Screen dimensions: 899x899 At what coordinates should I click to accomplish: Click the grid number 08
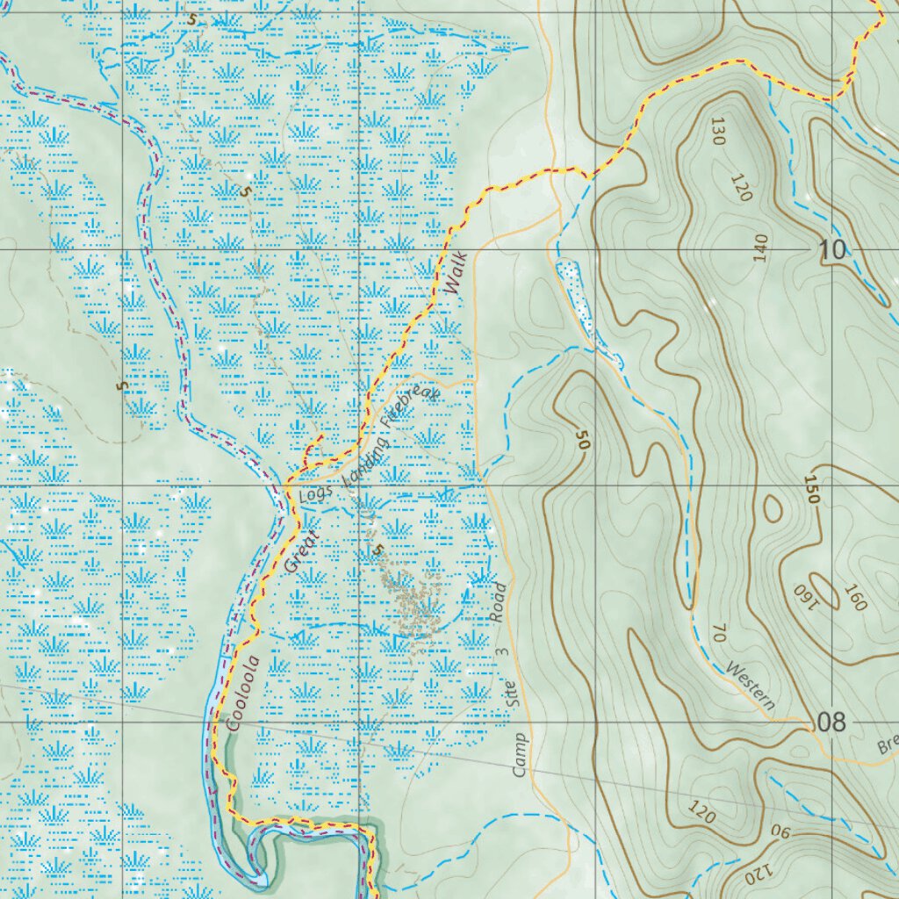tap(831, 723)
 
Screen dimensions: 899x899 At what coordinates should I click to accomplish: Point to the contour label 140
tap(760, 248)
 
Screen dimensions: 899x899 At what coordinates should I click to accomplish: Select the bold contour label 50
tap(581, 439)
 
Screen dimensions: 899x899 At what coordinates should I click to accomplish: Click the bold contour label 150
tap(810, 489)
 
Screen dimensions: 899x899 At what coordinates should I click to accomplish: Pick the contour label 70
tap(719, 633)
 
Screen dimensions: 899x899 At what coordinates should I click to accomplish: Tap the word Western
tap(752, 687)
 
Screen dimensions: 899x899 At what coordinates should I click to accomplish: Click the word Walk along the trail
tap(456, 274)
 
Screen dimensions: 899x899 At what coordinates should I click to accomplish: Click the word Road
tap(499, 602)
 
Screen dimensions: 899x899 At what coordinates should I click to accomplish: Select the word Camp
tap(520, 754)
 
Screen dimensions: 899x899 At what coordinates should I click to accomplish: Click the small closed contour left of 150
tap(773, 508)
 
